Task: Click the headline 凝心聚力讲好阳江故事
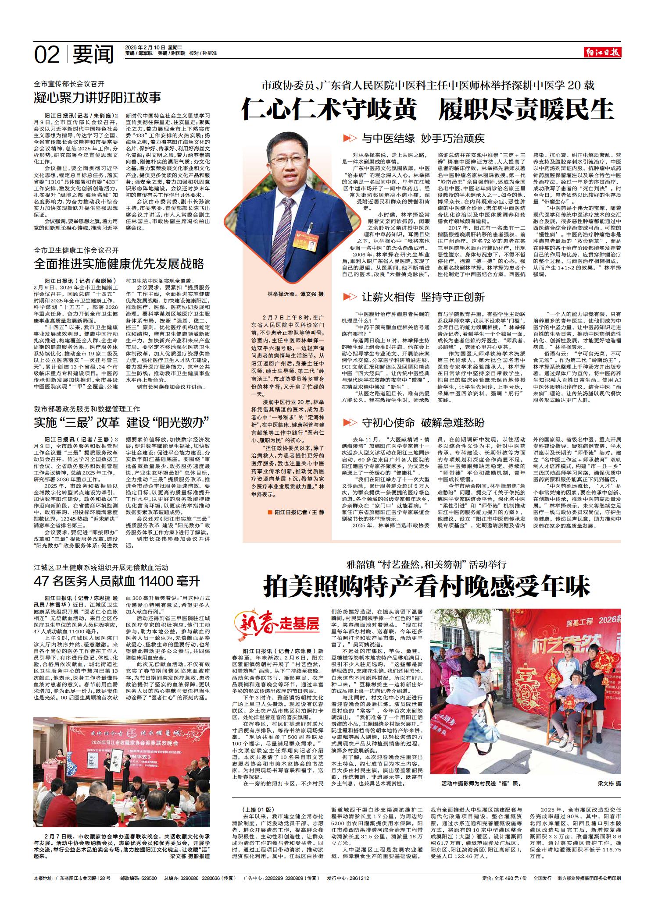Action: pos(98,97)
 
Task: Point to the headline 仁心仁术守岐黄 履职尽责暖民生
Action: pos(427,109)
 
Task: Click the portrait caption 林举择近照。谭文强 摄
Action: pos(295,295)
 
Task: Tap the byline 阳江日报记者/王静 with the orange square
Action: pos(295,512)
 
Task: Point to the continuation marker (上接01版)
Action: pos(258,809)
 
